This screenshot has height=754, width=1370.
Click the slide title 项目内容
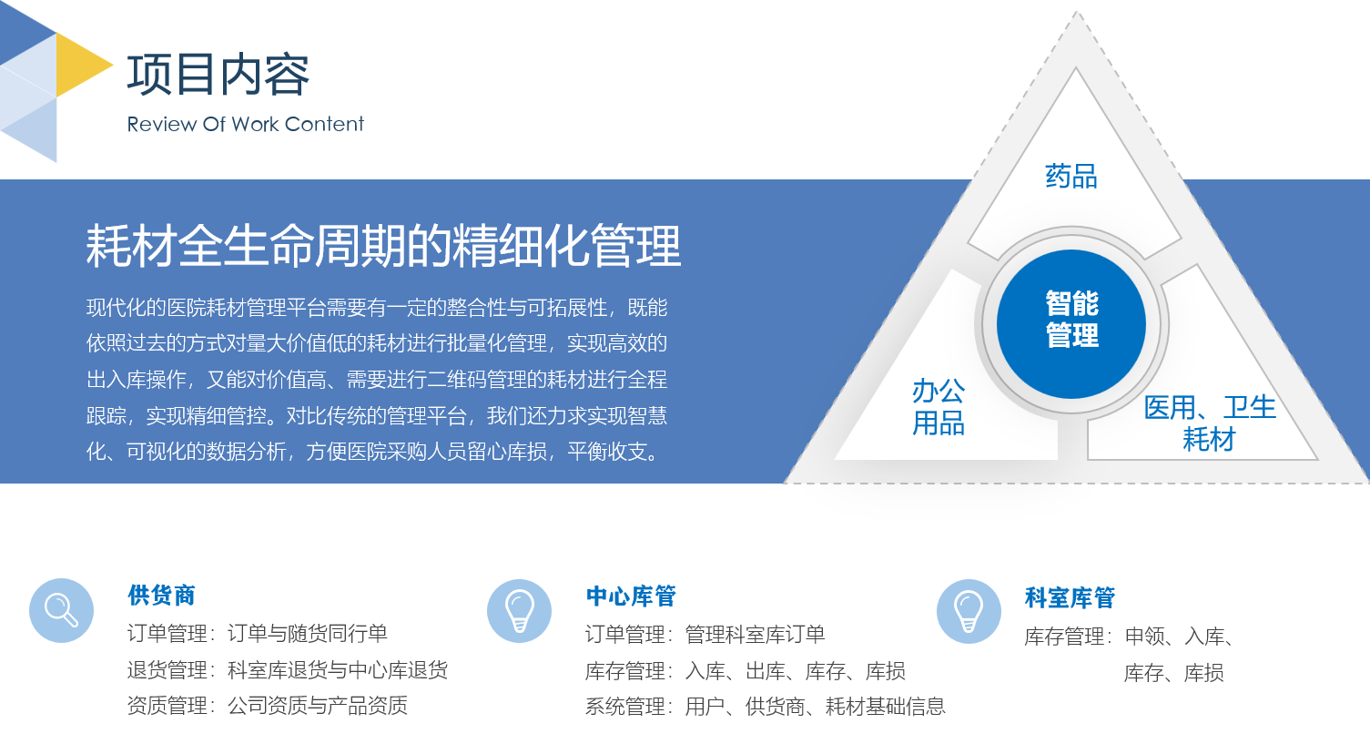218,75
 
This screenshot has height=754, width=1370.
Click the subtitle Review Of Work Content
245,124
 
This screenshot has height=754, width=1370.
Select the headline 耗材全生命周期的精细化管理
383,246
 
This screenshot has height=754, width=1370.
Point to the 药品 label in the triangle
1071,176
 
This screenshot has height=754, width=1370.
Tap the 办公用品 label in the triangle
939,407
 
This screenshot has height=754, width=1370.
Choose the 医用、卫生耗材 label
1210,423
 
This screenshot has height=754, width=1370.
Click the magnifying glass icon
61,610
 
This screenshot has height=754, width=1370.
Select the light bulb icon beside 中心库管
519,611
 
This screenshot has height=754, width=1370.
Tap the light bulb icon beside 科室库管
969,611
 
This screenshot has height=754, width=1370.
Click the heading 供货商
162,596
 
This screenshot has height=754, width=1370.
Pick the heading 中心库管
631,596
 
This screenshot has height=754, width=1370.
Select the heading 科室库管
1070,598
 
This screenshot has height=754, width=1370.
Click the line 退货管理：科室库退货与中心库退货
288,670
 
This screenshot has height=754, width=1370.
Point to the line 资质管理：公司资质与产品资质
268,706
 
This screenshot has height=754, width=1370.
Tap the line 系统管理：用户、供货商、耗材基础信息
766,707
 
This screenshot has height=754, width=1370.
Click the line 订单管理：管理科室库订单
705,635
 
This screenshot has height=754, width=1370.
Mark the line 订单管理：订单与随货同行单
258,634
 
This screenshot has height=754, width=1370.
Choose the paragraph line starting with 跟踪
377,416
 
